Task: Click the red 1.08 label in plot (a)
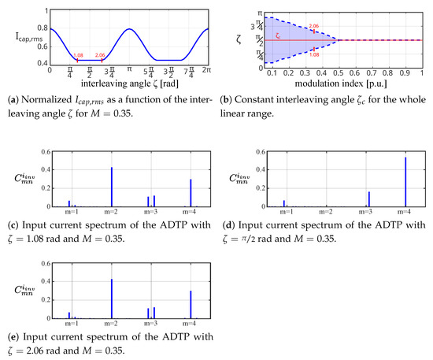[78, 55]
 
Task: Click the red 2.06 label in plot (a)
[100, 55]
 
